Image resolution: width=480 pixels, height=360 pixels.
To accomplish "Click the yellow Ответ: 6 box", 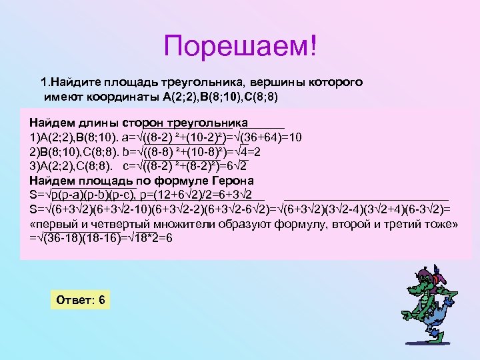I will tap(80, 300).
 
